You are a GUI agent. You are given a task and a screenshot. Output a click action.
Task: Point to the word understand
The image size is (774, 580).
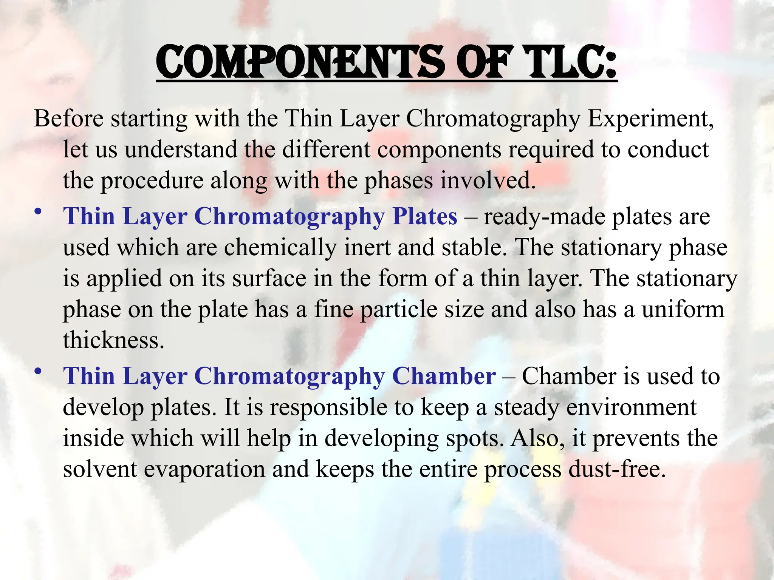click(x=181, y=150)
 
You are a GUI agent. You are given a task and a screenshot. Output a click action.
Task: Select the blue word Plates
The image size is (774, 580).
click(x=425, y=217)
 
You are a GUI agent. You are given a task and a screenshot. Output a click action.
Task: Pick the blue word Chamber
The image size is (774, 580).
click(x=444, y=376)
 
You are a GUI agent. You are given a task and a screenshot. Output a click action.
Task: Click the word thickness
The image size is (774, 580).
click(x=113, y=340)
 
